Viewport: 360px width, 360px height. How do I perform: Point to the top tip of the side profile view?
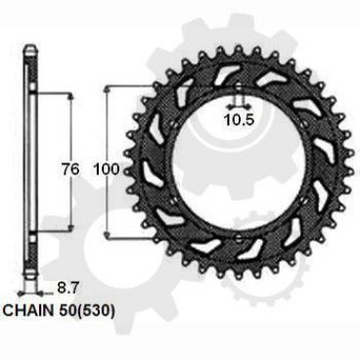coord(33,45)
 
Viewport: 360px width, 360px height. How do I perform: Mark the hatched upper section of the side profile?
coord(33,68)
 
